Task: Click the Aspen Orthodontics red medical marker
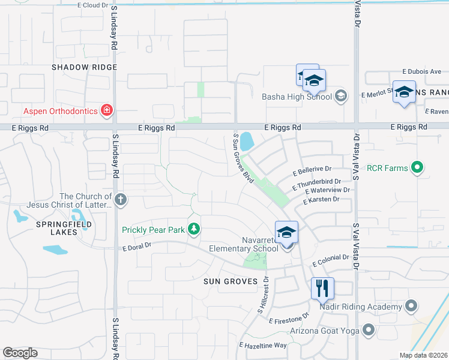pyautogui.click(x=107, y=110)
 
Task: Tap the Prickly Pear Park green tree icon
pyautogui.click(x=193, y=229)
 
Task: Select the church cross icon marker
pyautogui.click(x=121, y=199)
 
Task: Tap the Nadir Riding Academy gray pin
pyautogui.click(x=411, y=307)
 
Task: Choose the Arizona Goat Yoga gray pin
pyautogui.click(x=368, y=329)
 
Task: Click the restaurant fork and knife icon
pyautogui.click(x=322, y=289)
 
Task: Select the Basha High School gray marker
pyautogui.click(x=340, y=96)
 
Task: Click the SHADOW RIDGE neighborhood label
pyautogui.click(x=83, y=67)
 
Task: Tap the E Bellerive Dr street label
pyautogui.click(x=312, y=171)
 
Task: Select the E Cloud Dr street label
pyautogui.click(x=93, y=5)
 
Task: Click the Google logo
pyautogui.click(x=20, y=353)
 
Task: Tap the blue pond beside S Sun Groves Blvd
pyautogui.click(x=246, y=141)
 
